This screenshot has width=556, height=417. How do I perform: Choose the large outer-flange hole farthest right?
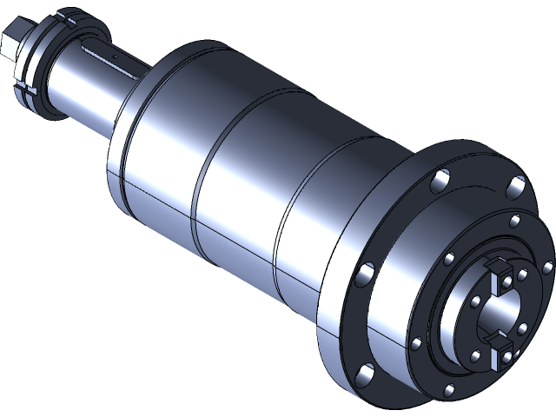[518, 185]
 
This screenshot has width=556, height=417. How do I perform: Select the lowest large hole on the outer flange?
[366, 375]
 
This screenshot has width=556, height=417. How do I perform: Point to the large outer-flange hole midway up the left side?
[363, 276]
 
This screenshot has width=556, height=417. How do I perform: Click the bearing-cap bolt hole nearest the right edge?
[546, 268]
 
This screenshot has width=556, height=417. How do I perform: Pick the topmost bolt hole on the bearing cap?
[514, 219]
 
